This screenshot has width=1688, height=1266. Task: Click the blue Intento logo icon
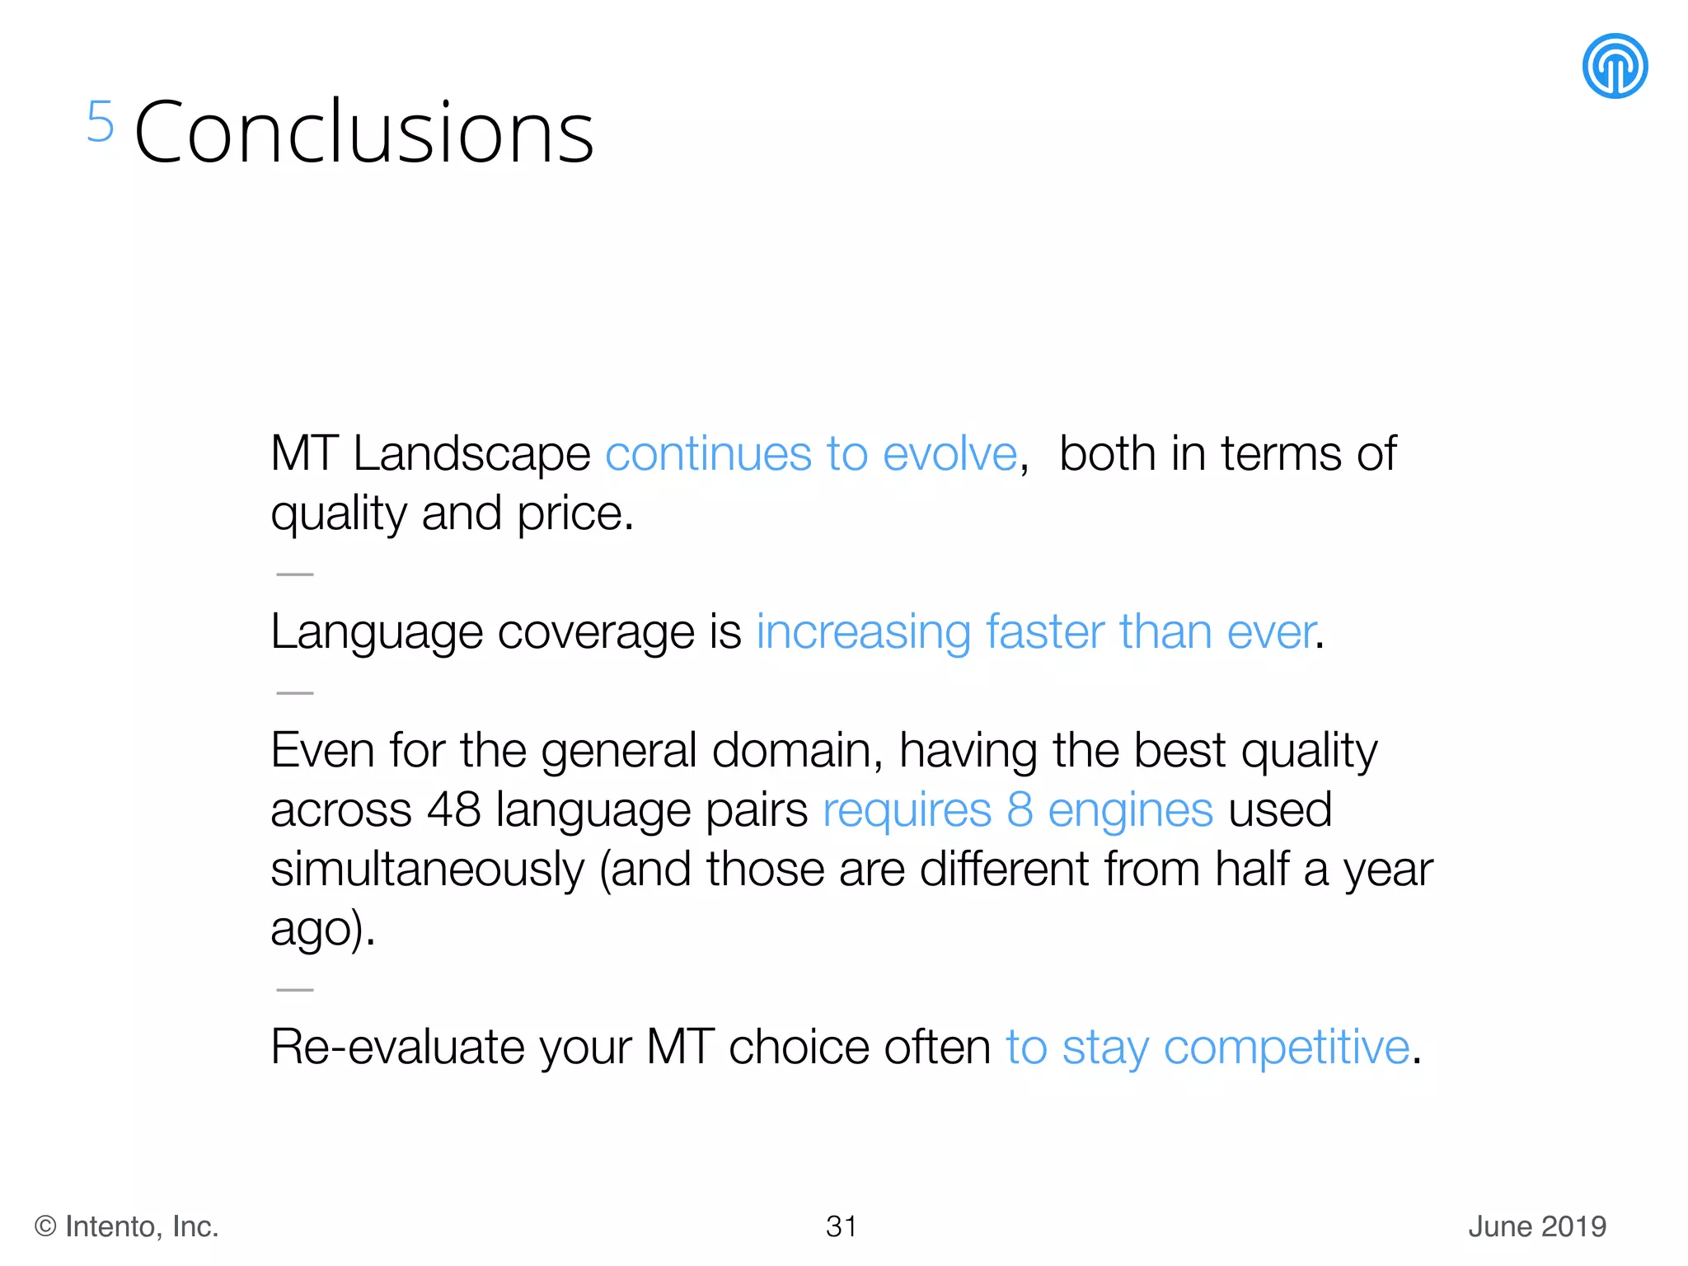pos(1614,66)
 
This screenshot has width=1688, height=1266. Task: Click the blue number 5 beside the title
pos(100,122)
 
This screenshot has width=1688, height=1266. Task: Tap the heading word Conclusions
pos(363,132)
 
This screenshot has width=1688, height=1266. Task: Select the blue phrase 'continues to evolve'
pos(811,454)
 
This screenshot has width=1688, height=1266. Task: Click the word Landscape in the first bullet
pos(471,454)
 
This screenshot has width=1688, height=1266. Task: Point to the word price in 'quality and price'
pos(574,514)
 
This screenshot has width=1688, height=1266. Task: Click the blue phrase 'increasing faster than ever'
pos(1035,633)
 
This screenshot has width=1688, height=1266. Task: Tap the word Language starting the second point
pos(377,633)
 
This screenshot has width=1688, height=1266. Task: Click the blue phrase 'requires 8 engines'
pos(1017,811)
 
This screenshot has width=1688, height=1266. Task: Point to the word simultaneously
pos(427,870)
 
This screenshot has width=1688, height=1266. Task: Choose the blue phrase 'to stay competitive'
pos(1207,1048)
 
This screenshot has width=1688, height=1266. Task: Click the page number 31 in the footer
pos(842,1226)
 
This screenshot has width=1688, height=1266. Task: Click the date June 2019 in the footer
pos(1537,1226)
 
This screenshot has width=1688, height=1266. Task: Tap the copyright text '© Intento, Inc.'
pos(126,1226)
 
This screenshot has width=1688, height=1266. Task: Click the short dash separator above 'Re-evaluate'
pos(295,990)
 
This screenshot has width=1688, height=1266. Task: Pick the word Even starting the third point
pos(322,751)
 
